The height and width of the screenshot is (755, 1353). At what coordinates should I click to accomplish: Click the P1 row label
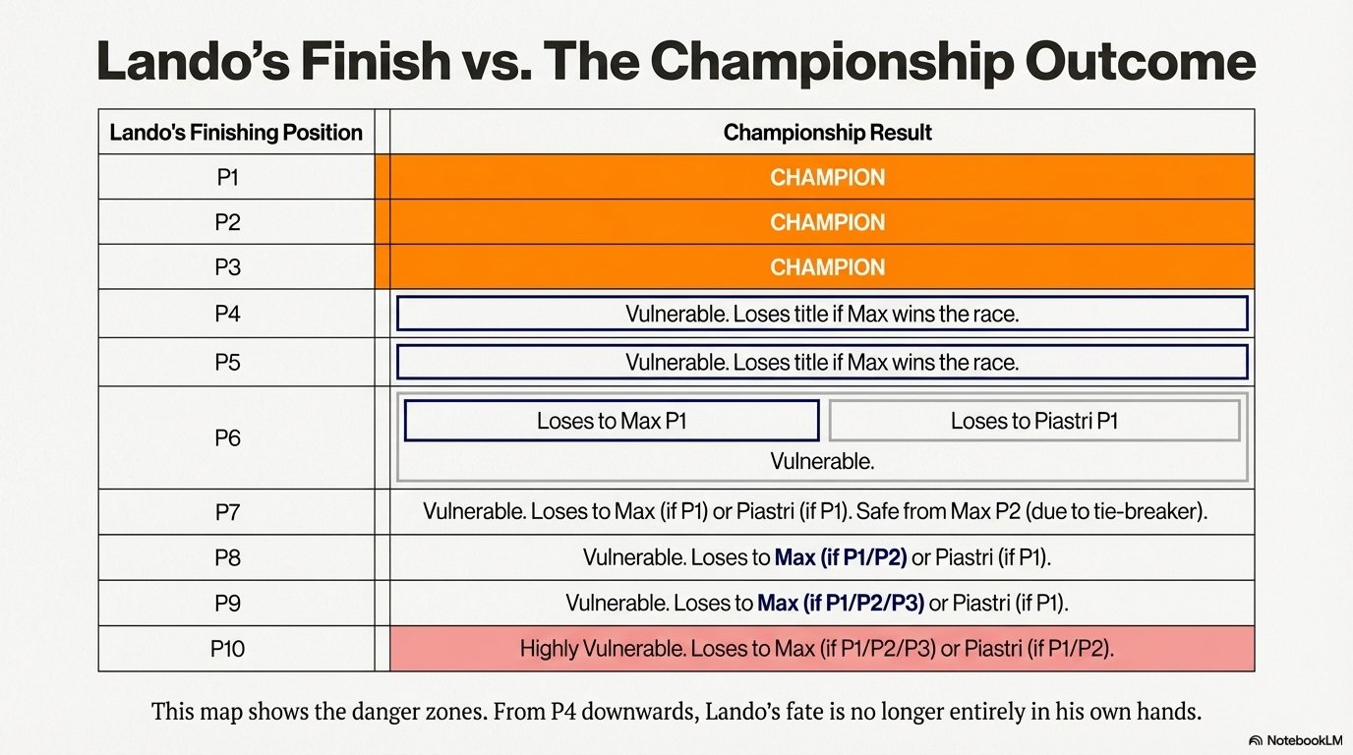pyautogui.click(x=228, y=178)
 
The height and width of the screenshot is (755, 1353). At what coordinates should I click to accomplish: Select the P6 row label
pyautogui.click(x=228, y=437)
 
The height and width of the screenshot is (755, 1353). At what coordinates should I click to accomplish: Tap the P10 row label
pyautogui.click(x=228, y=649)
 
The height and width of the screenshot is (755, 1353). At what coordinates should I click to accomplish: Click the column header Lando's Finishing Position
pyautogui.click(x=236, y=133)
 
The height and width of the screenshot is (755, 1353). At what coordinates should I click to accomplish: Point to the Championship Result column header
pyautogui.click(x=828, y=133)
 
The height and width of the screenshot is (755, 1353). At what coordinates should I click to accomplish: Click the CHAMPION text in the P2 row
pyautogui.click(x=828, y=222)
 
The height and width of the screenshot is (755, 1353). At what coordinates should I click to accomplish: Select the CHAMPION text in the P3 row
pyautogui.click(x=828, y=267)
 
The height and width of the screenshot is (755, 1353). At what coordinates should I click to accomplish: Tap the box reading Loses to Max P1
pyautogui.click(x=612, y=421)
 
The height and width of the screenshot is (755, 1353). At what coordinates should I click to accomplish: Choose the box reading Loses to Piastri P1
pyautogui.click(x=1034, y=421)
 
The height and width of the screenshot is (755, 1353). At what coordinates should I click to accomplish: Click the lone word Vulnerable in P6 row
pyautogui.click(x=822, y=461)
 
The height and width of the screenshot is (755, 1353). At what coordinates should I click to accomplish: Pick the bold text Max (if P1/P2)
pyautogui.click(x=841, y=556)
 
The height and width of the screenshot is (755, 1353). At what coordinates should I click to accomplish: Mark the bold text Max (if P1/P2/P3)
pyautogui.click(x=841, y=603)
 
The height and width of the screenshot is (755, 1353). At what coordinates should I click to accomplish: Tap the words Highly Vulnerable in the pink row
pyautogui.click(x=602, y=649)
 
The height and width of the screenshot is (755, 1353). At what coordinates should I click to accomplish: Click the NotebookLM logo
pyautogui.click(x=1296, y=740)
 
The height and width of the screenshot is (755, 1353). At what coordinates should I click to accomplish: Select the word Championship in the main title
pyautogui.click(x=831, y=62)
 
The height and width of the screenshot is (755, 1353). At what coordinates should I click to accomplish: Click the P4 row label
pyautogui.click(x=228, y=314)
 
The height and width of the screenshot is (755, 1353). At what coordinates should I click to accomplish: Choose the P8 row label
pyautogui.click(x=228, y=557)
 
